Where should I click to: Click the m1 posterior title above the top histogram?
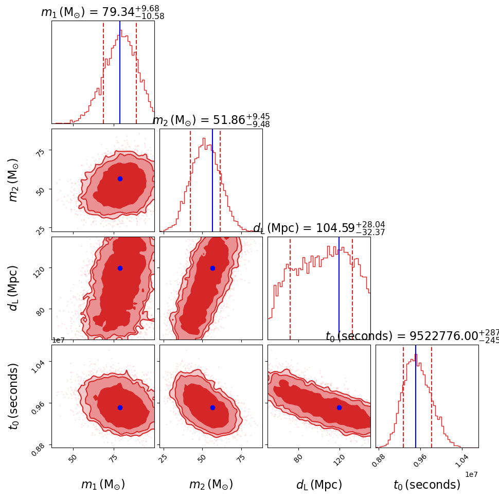click(x=102, y=12)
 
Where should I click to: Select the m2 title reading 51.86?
click(x=211, y=120)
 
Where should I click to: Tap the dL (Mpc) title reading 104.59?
click(x=319, y=228)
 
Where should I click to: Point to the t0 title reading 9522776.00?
click(x=412, y=336)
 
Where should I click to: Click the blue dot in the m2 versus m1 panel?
click(x=120, y=179)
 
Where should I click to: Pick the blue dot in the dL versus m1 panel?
click(x=120, y=268)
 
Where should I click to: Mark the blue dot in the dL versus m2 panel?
click(x=212, y=268)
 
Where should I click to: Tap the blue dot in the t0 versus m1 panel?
click(x=120, y=407)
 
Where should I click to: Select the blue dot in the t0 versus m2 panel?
click(x=212, y=407)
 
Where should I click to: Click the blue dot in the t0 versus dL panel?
click(x=339, y=407)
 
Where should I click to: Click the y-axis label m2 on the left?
click(x=14, y=180)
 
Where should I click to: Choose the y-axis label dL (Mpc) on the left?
click(x=14, y=288)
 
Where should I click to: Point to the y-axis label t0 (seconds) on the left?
click(x=14, y=396)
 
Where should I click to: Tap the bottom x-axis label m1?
click(x=103, y=485)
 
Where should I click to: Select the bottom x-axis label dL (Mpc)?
click(x=319, y=485)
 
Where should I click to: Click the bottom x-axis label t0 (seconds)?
click(x=427, y=485)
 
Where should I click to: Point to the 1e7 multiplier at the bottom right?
click(x=471, y=474)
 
